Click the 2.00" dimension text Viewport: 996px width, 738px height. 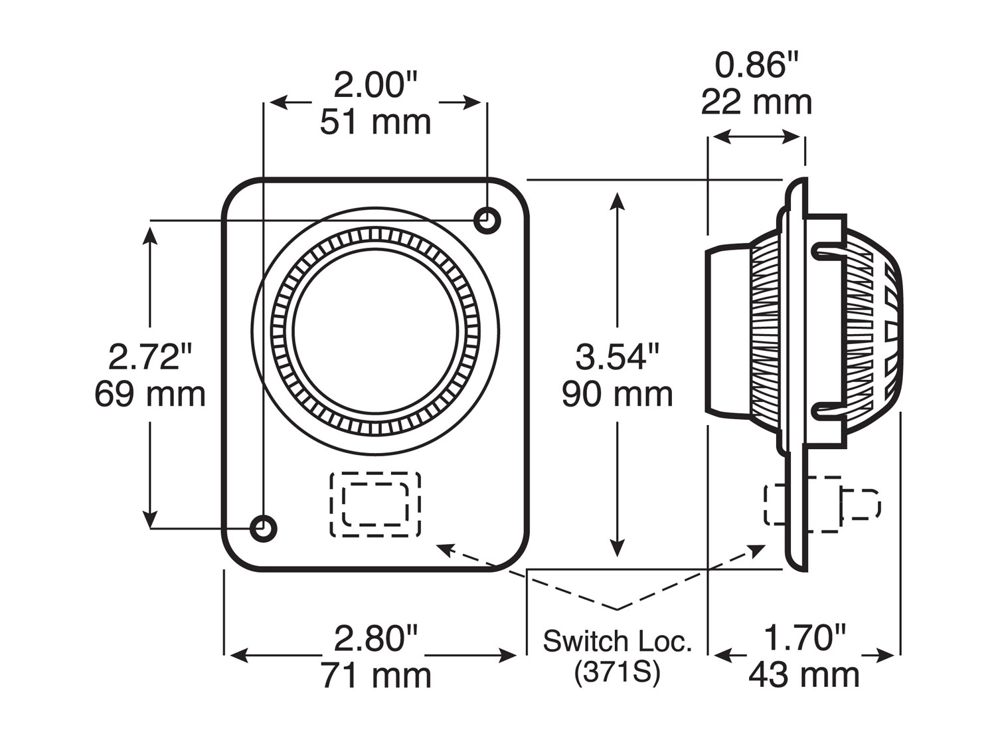[x=375, y=86]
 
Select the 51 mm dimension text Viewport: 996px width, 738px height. [x=375, y=122]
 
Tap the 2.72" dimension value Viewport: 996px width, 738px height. [x=150, y=357]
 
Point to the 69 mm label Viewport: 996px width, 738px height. [x=150, y=394]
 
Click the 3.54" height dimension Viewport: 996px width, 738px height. [x=618, y=357]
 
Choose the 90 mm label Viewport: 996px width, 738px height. [x=618, y=394]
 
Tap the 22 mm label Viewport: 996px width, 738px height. [x=756, y=103]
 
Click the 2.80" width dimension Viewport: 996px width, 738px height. [x=376, y=639]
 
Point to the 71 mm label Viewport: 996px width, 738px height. [x=376, y=676]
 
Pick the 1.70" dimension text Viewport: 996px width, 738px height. [x=805, y=639]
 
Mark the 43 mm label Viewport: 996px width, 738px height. [x=805, y=676]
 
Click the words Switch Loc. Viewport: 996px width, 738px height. [x=617, y=642]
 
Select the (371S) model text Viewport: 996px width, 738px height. [x=617, y=673]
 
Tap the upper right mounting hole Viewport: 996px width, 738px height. [x=487, y=219]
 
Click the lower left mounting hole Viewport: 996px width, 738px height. [x=264, y=528]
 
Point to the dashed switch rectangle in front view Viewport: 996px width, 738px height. [x=375, y=504]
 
